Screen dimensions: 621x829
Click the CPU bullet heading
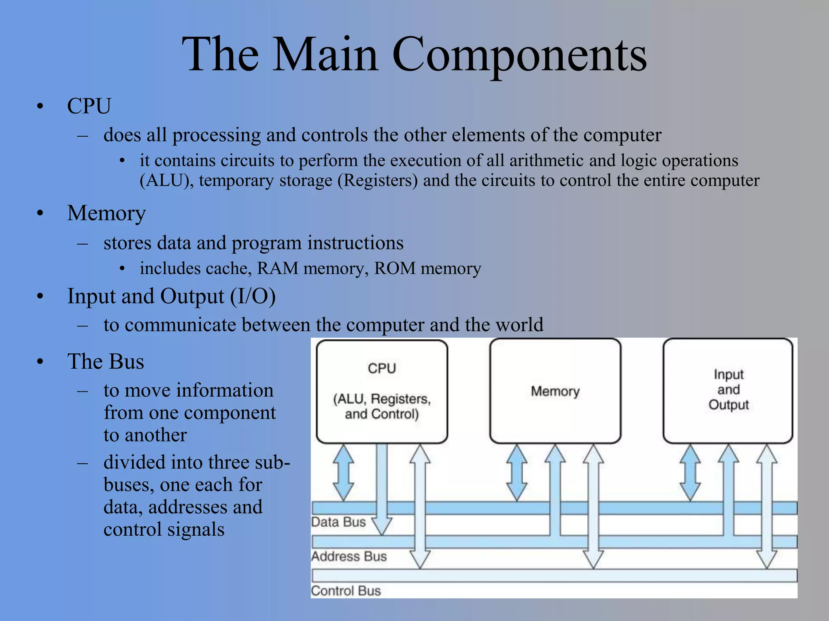(89, 106)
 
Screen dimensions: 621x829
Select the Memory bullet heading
(106, 213)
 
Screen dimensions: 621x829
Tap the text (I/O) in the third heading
(253, 296)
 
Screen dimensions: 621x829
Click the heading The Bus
(106, 361)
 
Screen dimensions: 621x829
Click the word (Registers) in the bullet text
(378, 180)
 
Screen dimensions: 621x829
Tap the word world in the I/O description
(519, 325)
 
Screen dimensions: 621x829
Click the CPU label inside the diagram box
(382, 368)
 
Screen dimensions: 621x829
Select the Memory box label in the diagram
(555, 391)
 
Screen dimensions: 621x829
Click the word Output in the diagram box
(728, 405)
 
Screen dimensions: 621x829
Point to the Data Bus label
(338, 522)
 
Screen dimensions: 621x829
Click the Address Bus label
(349, 556)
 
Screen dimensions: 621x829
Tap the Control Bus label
(346, 591)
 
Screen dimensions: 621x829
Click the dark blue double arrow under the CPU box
(343, 472)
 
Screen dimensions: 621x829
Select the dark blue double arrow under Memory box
(517, 472)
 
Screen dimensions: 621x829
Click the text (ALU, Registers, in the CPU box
(382, 399)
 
